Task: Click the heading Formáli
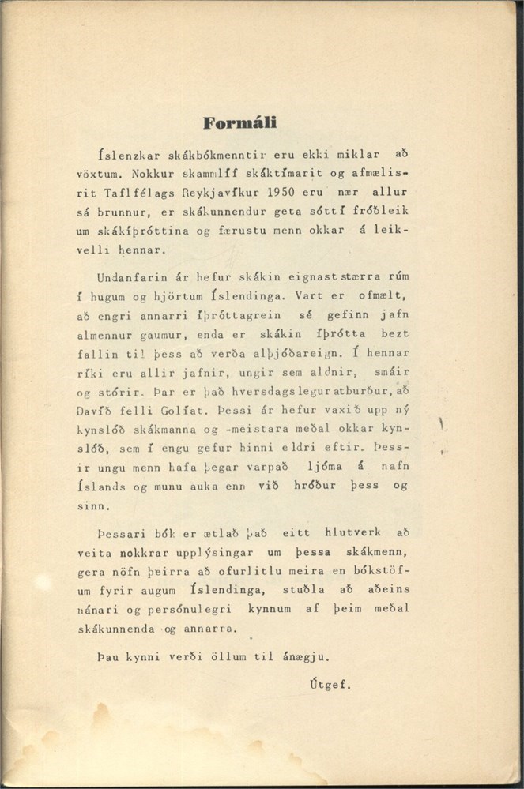[x=239, y=123]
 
